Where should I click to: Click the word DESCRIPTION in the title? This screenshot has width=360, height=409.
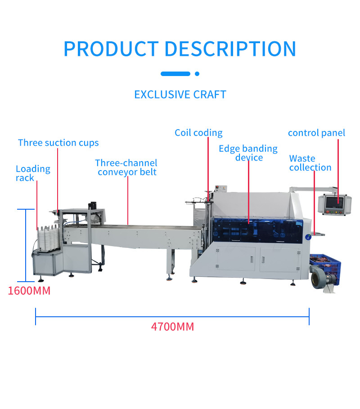[230, 49]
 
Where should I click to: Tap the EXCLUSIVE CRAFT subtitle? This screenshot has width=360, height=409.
[180, 94]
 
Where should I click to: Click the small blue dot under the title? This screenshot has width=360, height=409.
[197, 74]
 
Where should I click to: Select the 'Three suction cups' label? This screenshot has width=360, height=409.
[58, 143]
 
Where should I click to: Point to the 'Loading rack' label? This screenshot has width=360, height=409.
[33, 173]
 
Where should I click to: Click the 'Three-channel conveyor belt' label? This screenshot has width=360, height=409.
[126, 167]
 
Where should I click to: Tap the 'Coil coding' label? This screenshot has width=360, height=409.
[198, 133]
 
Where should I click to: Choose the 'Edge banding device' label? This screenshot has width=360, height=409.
[248, 153]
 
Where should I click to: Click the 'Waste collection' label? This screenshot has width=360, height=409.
[310, 163]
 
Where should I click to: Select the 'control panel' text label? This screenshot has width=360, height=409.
[316, 133]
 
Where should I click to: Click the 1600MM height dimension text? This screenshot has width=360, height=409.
[29, 291]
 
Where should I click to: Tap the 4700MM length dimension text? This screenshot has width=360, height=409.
[172, 327]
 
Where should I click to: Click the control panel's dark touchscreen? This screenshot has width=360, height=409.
[335, 202]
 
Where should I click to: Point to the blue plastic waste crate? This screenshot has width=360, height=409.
[325, 266]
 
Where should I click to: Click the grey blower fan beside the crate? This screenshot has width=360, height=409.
[320, 279]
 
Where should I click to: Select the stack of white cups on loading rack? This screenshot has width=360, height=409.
[48, 238]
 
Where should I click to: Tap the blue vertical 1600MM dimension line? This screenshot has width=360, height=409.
[26, 245]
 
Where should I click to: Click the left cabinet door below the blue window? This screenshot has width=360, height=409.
[236, 259]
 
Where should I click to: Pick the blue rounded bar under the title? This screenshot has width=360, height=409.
[175, 74]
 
